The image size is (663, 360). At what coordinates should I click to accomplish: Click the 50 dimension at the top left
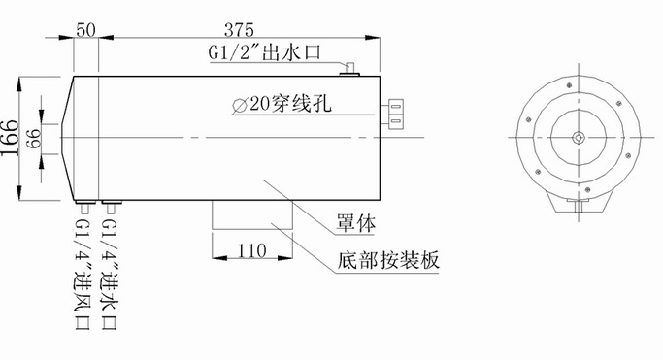tap(84, 29)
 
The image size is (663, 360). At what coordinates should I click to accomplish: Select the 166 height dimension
tap(10, 141)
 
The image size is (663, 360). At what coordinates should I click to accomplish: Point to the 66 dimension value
tap(33, 141)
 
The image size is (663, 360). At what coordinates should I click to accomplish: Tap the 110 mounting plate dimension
tap(250, 252)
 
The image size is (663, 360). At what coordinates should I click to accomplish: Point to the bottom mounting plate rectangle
tap(250, 214)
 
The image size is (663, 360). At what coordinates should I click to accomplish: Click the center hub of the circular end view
tap(579, 138)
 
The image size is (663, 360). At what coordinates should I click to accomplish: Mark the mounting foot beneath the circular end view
tap(579, 203)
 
